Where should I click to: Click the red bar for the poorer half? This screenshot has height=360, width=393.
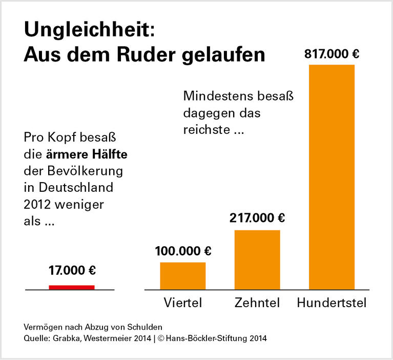(72, 287)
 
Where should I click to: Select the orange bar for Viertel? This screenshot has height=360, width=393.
(183, 276)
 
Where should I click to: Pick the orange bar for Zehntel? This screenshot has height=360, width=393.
(257, 260)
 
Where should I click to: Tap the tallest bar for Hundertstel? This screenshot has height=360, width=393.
(332, 177)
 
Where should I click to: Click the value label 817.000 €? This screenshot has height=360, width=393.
(332, 54)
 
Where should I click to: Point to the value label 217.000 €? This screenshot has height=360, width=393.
(257, 218)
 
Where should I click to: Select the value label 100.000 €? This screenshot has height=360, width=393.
(183, 251)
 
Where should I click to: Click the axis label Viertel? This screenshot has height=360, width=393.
(183, 303)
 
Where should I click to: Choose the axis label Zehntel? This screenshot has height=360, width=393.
(257, 303)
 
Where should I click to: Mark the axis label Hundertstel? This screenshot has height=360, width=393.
(332, 303)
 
